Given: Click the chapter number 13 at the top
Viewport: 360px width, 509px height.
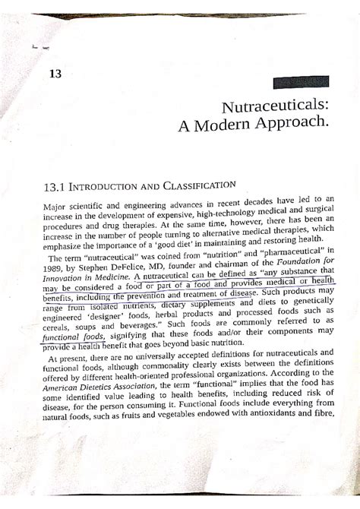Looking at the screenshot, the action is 54,73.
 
